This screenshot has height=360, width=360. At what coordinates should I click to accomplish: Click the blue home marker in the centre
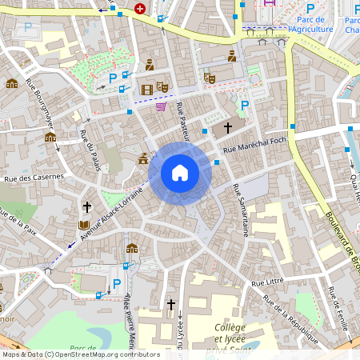(180, 173)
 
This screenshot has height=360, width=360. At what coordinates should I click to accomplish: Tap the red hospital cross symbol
(141, 9)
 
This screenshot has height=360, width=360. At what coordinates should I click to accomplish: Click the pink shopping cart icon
(161, 106)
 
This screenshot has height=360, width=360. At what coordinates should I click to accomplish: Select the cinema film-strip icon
(146, 90)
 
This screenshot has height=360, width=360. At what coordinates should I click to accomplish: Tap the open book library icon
(84, 226)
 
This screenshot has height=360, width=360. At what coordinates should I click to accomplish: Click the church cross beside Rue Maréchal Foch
(227, 127)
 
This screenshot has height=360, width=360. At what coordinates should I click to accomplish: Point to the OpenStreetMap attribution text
(81, 354)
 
